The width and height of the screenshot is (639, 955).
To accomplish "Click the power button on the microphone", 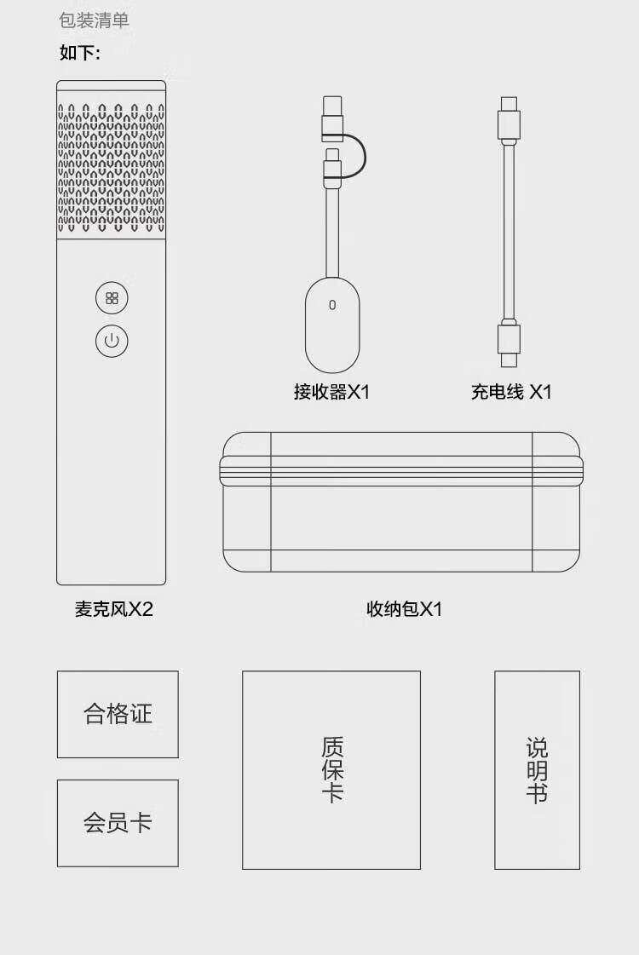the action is coord(112,341).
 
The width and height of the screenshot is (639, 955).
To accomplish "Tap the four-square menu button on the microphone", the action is coord(112,298).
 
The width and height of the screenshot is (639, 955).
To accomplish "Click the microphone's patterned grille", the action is coord(112,169).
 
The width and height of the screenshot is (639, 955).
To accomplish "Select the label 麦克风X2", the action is coord(113,609).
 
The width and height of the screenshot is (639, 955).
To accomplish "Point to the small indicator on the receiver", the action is coord(332,304).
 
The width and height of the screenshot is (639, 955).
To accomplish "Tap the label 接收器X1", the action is coord(332,392).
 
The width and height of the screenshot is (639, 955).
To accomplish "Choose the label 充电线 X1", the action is coord(511,392).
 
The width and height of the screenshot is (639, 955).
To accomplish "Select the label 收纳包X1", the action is coord(404,609).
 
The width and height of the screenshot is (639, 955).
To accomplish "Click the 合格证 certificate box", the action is coord(118,714).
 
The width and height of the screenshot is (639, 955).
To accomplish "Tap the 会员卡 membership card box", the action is coord(118,823).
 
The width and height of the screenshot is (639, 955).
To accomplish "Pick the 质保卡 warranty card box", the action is coord(331,770).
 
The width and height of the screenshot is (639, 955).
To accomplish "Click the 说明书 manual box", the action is coord(537,770).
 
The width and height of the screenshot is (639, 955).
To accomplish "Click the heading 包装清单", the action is coord(95,20).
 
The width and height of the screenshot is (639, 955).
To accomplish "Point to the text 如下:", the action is coord(80,53).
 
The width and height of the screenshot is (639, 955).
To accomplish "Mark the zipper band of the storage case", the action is coord(402,470).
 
